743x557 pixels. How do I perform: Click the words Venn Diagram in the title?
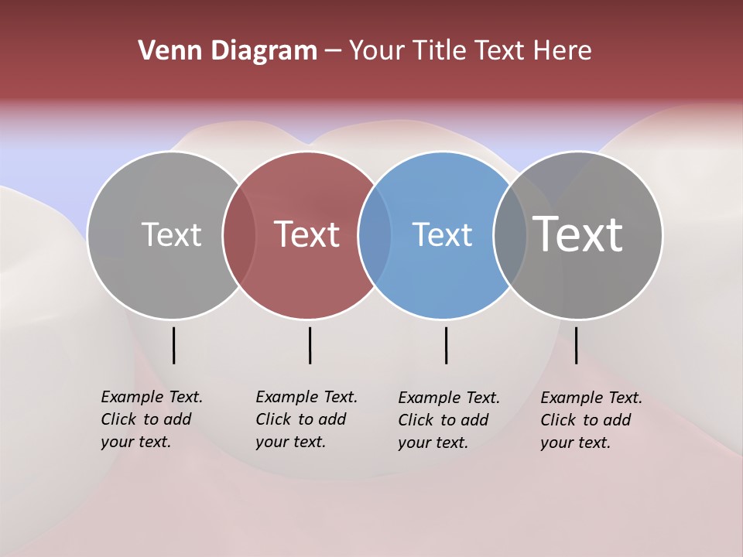(x=228, y=51)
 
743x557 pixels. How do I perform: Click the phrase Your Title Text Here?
(x=470, y=51)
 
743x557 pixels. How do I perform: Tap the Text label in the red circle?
(x=307, y=234)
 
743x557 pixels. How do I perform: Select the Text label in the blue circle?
(x=442, y=234)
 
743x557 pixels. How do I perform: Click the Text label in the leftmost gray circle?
(x=171, y=234)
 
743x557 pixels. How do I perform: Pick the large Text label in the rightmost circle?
(x=578, y=234)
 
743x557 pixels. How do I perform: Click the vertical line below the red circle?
(x=310, y=345)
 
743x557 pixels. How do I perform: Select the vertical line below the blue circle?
(x=447, y=345)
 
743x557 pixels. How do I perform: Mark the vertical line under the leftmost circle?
(x=173, y=345)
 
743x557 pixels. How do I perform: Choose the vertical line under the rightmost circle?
(x=576, y=345)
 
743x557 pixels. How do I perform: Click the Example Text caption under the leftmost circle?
(x=151, y=419)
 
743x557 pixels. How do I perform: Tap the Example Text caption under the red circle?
(x=306, y=419)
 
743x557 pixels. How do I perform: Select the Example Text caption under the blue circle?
(x=448, y=420)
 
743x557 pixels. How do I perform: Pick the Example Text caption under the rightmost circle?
(x=591, y=420)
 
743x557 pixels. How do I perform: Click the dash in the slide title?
(x=333, y=51)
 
